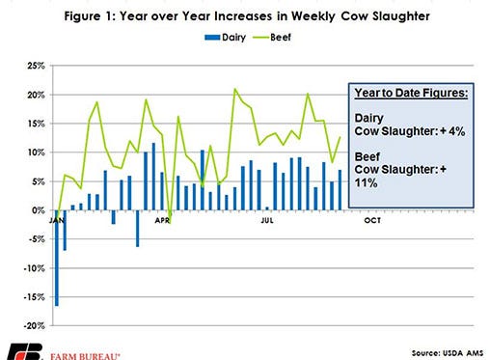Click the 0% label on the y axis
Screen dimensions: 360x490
point(38,209)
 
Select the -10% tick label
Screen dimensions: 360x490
point(33,267)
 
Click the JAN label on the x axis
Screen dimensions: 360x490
point(56,221)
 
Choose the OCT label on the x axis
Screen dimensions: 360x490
point(369,221)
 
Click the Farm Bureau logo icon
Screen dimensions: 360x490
point(21,349)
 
